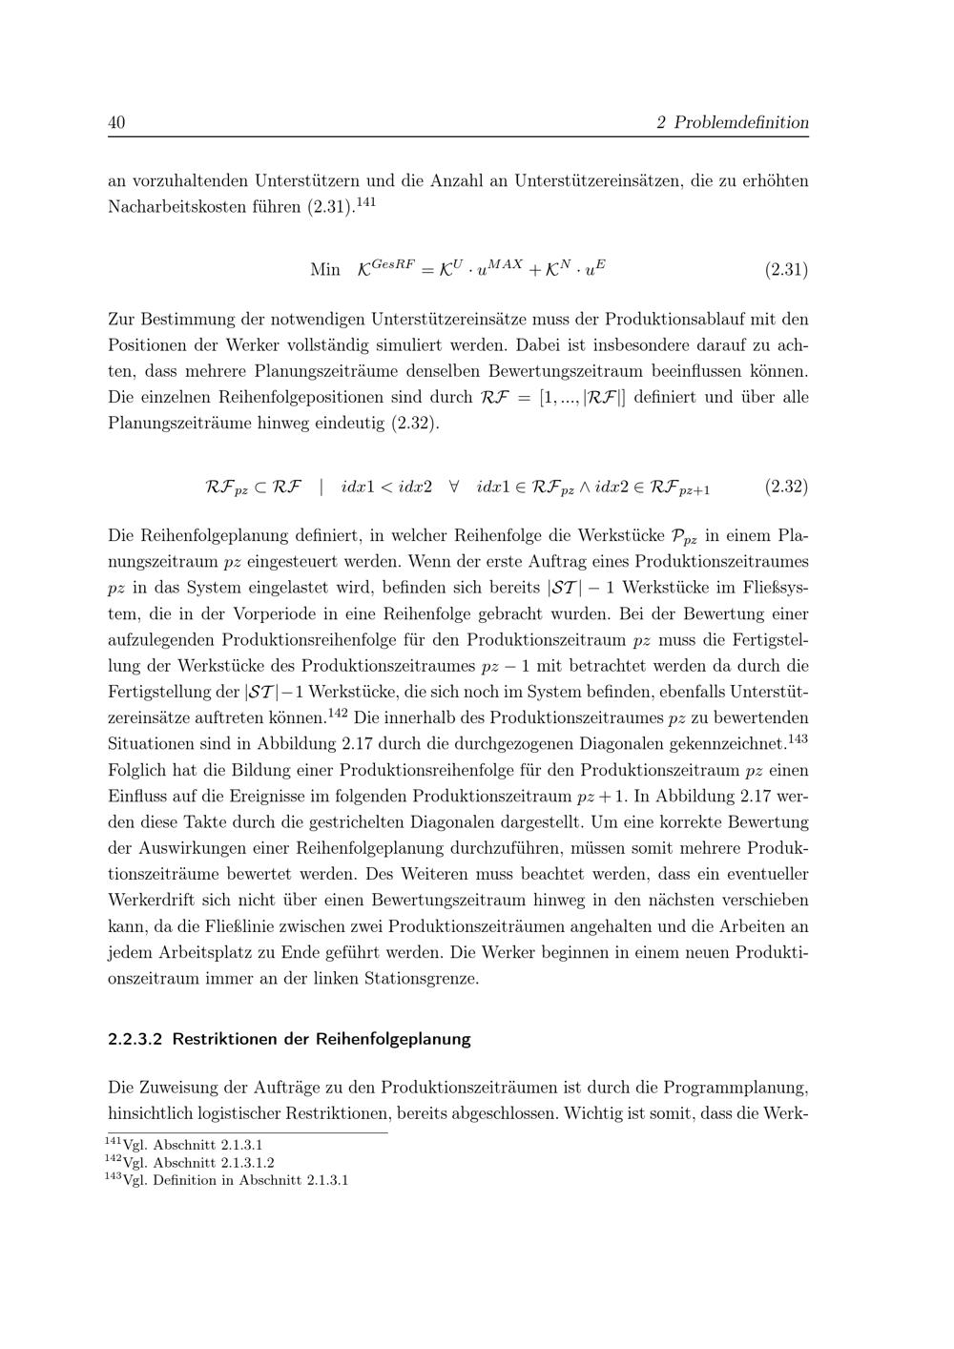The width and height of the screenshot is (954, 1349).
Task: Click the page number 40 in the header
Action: (117, 123)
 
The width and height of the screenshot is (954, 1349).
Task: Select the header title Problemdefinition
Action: (741, 123)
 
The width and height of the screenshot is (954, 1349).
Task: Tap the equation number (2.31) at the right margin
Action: (786, 270)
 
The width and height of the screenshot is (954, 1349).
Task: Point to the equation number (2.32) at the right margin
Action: (786, 488)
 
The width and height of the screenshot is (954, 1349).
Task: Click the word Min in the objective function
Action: (325, 270)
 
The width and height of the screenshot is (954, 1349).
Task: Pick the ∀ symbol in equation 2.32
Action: (454, 488)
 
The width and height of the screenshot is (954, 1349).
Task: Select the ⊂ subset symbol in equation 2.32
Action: (259, 488)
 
